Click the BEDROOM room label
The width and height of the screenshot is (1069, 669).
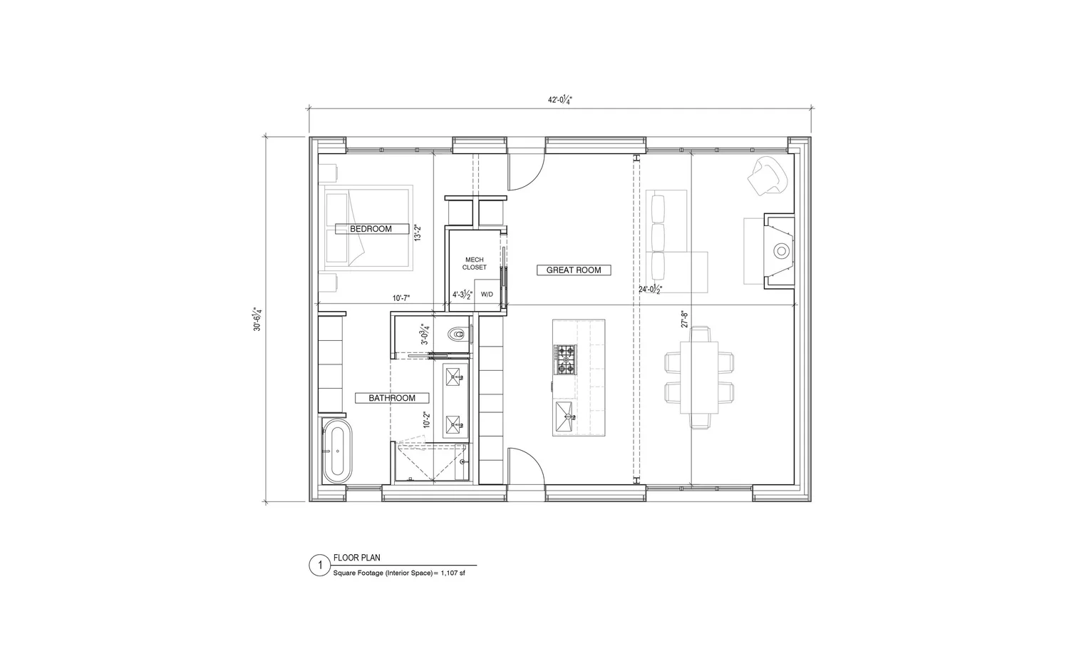[371, 229]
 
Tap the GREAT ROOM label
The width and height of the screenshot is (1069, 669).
[574, 270]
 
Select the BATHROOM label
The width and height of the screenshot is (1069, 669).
[392, 398]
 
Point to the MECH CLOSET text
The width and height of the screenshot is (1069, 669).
[474, 264]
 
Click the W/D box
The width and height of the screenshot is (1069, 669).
[487, 294]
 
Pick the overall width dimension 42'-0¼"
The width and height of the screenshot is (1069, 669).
[560, 101]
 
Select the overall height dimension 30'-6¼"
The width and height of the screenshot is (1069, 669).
[258, 318]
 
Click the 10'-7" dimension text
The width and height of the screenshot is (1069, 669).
[401, 297]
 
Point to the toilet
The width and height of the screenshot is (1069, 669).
[458, 334]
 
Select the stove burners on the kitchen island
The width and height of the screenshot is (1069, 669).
[564, 359]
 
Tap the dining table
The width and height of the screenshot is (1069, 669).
[699, 377]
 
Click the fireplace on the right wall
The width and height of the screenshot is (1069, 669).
[780, 250]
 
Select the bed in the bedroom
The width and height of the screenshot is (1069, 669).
[369, 228]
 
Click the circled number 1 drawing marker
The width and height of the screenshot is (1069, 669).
[320, 566]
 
